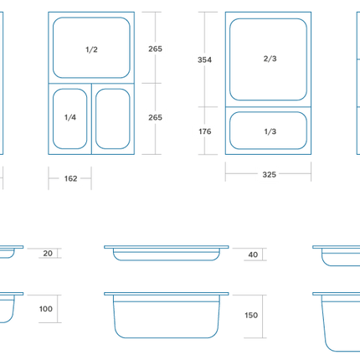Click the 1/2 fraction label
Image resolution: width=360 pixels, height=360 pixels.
91,49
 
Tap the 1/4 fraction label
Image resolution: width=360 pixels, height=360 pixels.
70,117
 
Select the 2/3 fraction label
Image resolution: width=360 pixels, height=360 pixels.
270,59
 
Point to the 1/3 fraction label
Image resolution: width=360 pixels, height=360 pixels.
270,131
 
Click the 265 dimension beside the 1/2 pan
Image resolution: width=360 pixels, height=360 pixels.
155,49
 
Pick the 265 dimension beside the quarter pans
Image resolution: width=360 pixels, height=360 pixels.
155,117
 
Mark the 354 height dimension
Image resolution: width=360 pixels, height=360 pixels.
204,59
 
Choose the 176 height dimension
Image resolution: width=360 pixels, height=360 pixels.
205,131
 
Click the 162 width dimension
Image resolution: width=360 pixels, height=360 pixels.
70,178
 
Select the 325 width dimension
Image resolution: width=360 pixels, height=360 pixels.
270,175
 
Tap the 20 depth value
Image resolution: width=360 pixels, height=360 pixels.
48,254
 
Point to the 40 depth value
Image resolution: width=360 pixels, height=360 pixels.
253,255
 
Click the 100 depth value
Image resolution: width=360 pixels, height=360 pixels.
46,309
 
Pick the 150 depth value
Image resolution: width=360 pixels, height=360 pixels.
251,316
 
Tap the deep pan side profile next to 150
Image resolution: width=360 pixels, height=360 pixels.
167,337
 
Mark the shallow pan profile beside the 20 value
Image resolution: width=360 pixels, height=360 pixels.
11,247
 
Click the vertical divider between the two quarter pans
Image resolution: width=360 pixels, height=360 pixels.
91,119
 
